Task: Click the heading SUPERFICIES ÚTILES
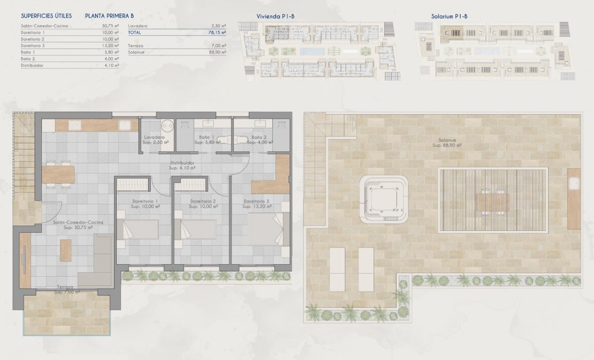tap(46, 16)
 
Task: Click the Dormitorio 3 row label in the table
tap(33, 45)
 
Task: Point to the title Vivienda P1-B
tap(275, 16)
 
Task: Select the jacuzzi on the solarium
tap(384, 198)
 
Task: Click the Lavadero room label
tap(154, 137)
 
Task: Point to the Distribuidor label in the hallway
tap(182, 163)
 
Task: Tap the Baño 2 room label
tap(259, 137)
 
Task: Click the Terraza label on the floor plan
tap(66, 287)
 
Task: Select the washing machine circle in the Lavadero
tap(167, 124)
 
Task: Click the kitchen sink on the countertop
tap(125, 125)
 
